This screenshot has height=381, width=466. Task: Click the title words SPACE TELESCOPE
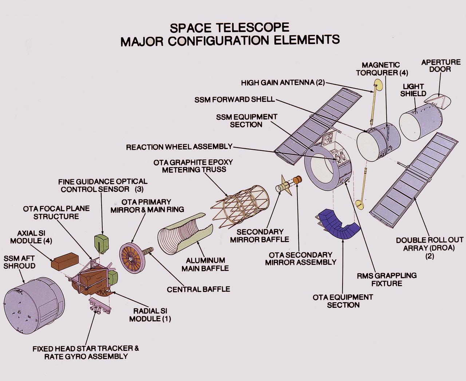[230, 27]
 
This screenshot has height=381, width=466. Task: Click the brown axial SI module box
[65, 260]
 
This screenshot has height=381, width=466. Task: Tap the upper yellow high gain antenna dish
[378, 85]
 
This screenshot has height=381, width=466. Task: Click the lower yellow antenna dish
[360, 205]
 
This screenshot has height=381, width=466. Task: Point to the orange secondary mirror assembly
[297, 180]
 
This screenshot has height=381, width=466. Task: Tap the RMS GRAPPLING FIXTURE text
[387, 279]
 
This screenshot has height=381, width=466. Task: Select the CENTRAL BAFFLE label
[198, 289]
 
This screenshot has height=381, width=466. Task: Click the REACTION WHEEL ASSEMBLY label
[179, 147]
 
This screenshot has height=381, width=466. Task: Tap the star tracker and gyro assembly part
[99, 305]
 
